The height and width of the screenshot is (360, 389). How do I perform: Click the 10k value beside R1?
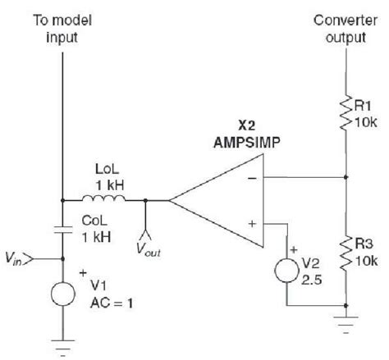367,120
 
